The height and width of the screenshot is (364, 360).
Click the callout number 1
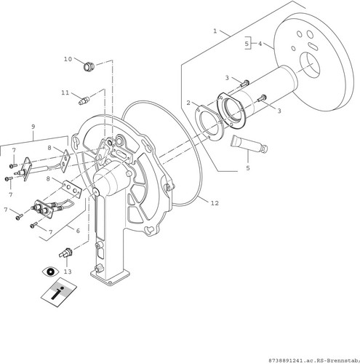(x=215, y=31)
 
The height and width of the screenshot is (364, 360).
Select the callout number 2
(x=188, y=103)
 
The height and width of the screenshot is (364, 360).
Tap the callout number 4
(x=260, y=44)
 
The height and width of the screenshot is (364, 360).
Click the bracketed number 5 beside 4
(x=247, y=44)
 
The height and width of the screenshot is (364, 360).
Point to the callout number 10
(x=68, y=59)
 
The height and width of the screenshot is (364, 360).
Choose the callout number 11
(x=65, y=92)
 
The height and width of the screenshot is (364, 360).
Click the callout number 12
(x=215, y=203)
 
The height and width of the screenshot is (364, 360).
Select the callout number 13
(x=68, y=272)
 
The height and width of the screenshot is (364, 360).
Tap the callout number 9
(x=33, y=127)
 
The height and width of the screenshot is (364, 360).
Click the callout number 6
(x=78, y=231)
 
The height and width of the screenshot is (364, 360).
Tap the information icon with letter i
(x=59, y=293)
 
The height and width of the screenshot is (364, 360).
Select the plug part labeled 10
(x=88, y=66)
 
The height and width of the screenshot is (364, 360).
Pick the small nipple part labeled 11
(x=84, y=100)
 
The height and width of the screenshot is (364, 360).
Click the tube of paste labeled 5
(x=249, y=144)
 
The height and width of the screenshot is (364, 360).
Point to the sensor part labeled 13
(x=66, y=253)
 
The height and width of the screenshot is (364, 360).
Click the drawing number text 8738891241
(x=282, y=360)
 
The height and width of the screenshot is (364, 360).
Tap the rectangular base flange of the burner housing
(x=111, y=277)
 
